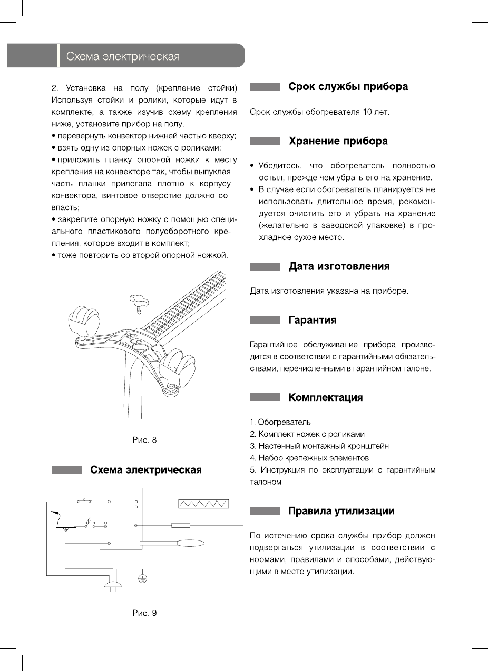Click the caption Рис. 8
pyautogui.click(x=144, y=440)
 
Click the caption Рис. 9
pyautogui.click(x=144, y=613)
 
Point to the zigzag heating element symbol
pyautogui.click(x=203, y=504)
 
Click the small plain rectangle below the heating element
pyautogui.click(x=181, y=525)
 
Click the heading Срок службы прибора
pyautogui.click(x=348, y=87)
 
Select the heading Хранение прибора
pyautogui.click(x=338, y=141)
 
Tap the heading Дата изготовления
pyautogui.click(x=339, y=266)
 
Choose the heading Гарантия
pyautogui.click(x=312, y=320)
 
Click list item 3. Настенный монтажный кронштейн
pyautogui.click(x=319, y=446)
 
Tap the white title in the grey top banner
pyautogui.click(x=120, y=56)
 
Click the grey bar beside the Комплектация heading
pyautogui.click(x=265, y=398)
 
